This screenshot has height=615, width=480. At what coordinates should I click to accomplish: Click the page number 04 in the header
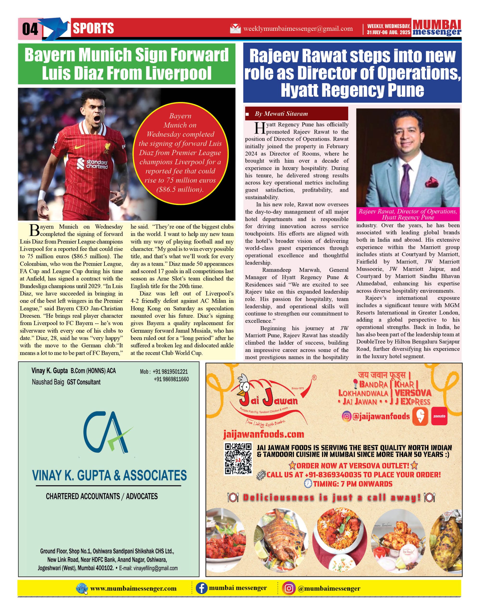pyautogui.click(x=30, y=29)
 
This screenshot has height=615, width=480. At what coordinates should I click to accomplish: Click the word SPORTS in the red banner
pyautogui.click(x=93, y=28)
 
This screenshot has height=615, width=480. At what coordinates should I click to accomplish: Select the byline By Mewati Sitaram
pyautogui.click(x=281, y=114)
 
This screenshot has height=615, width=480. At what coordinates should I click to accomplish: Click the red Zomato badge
pyautogui.click(x=439, y=416)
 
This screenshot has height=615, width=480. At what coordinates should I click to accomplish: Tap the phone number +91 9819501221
pyautogui.click(x=171, y=372)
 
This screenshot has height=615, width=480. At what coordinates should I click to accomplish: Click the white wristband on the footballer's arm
pyautogui.click(x=42, y=195)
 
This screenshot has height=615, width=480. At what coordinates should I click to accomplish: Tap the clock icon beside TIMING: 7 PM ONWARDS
pyautogui.click(x=308, y=484)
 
